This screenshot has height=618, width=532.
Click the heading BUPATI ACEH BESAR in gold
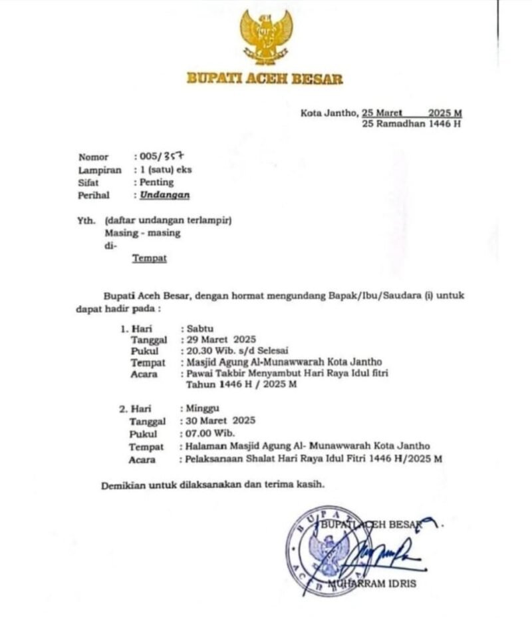click(x=265, y=79)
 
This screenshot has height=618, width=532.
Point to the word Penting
click(x=156, y=182)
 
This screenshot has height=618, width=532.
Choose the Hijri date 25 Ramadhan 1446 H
click(x=412, y=124)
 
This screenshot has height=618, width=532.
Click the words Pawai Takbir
click(x=215, y=374)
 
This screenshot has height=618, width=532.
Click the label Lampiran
click(x=100, y=170)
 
